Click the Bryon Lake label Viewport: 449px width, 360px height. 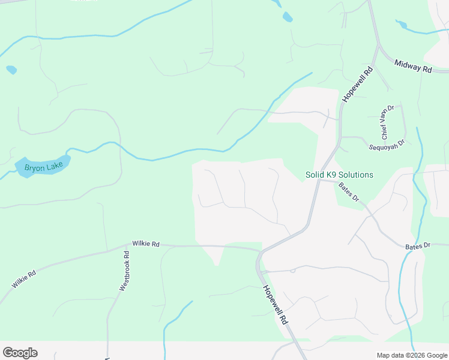click(x=43, y=167)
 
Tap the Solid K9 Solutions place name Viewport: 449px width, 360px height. click(x=339, y=175)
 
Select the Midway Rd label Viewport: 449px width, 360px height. click(x=414, y=66)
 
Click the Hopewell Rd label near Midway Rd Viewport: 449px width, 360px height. click(x=358, y=84)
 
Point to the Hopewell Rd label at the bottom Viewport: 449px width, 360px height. click(x=276, y=305)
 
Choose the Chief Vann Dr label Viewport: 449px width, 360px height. click(x=387, y=122)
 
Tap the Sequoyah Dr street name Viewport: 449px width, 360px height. click(x=388, y=143)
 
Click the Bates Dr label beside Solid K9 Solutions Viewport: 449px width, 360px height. click(x=348, y=192)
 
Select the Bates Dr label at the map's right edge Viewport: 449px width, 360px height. click(x=418, y=245)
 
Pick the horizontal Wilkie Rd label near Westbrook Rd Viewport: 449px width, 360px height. click(x=146, y=244)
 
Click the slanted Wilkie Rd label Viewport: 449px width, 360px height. click(x=24, y=278)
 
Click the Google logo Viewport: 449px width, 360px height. click(x=20, y=353)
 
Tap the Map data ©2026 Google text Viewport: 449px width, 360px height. click(x=411, y=355)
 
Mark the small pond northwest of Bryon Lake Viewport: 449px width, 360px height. click(x=11, y=70)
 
